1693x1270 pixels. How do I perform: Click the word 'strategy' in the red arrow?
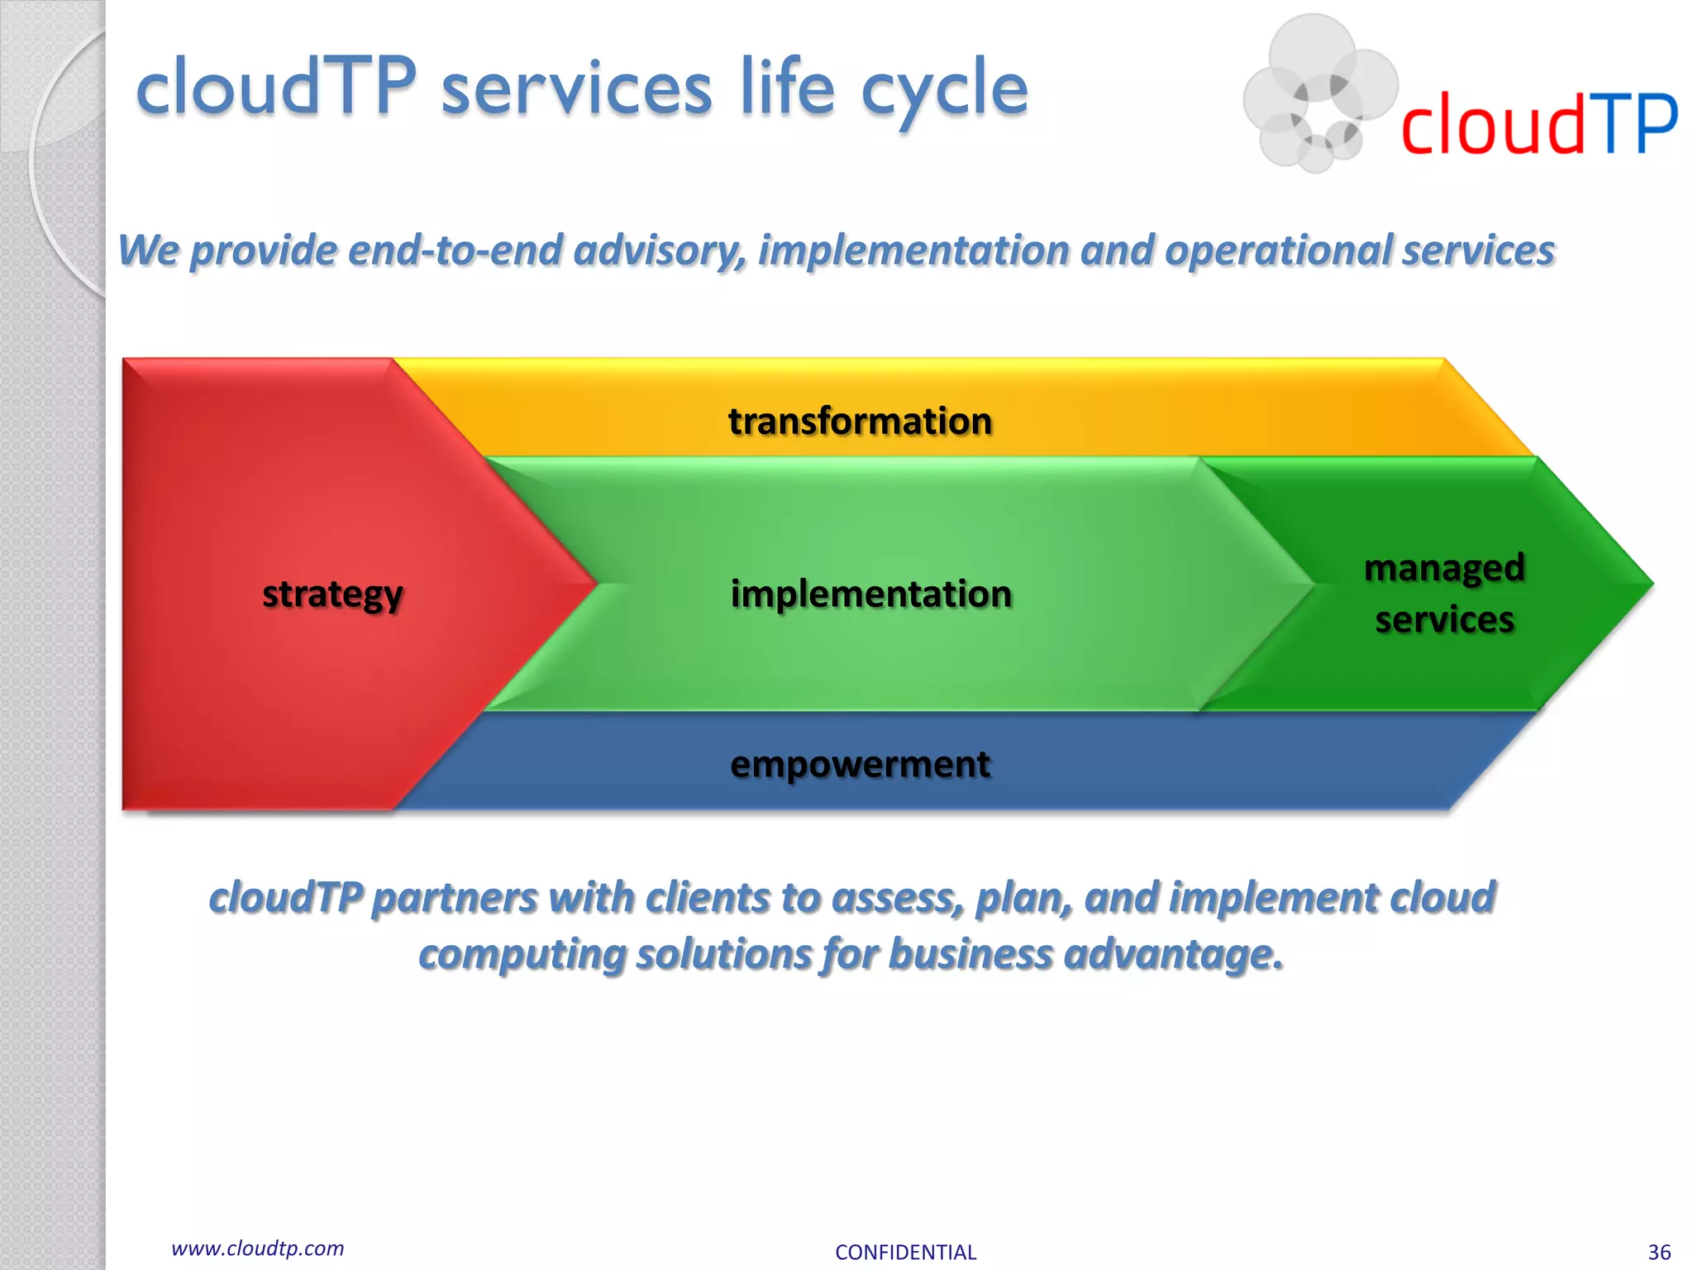pyautogui.click(x=332, y=594)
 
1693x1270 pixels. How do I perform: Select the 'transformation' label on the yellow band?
pyautogui.click(x=860, y=420)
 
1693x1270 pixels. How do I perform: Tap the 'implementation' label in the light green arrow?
pyautogui.click(x=870, y=594)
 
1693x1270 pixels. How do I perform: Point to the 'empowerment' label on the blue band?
pyautogui.click(x=860, y=763)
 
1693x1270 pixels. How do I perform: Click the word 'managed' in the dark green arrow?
pyautogui.click(x=1443, y=568)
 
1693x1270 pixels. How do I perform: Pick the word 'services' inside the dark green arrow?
pyautogui.click(x=1444, y=619)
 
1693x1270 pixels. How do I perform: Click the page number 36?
pyautogui.click(x=1659, y=1252)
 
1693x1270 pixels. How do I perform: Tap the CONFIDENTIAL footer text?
pyautogui.click(x=905, y=1252)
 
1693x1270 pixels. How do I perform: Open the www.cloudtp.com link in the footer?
pyautogui.click(x=257, y=1249)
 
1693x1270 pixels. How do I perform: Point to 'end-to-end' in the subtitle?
pyautogui.click(x=455, y=250)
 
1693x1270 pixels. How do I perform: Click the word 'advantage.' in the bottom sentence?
pyautogui.click(x=1174, y=953)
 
